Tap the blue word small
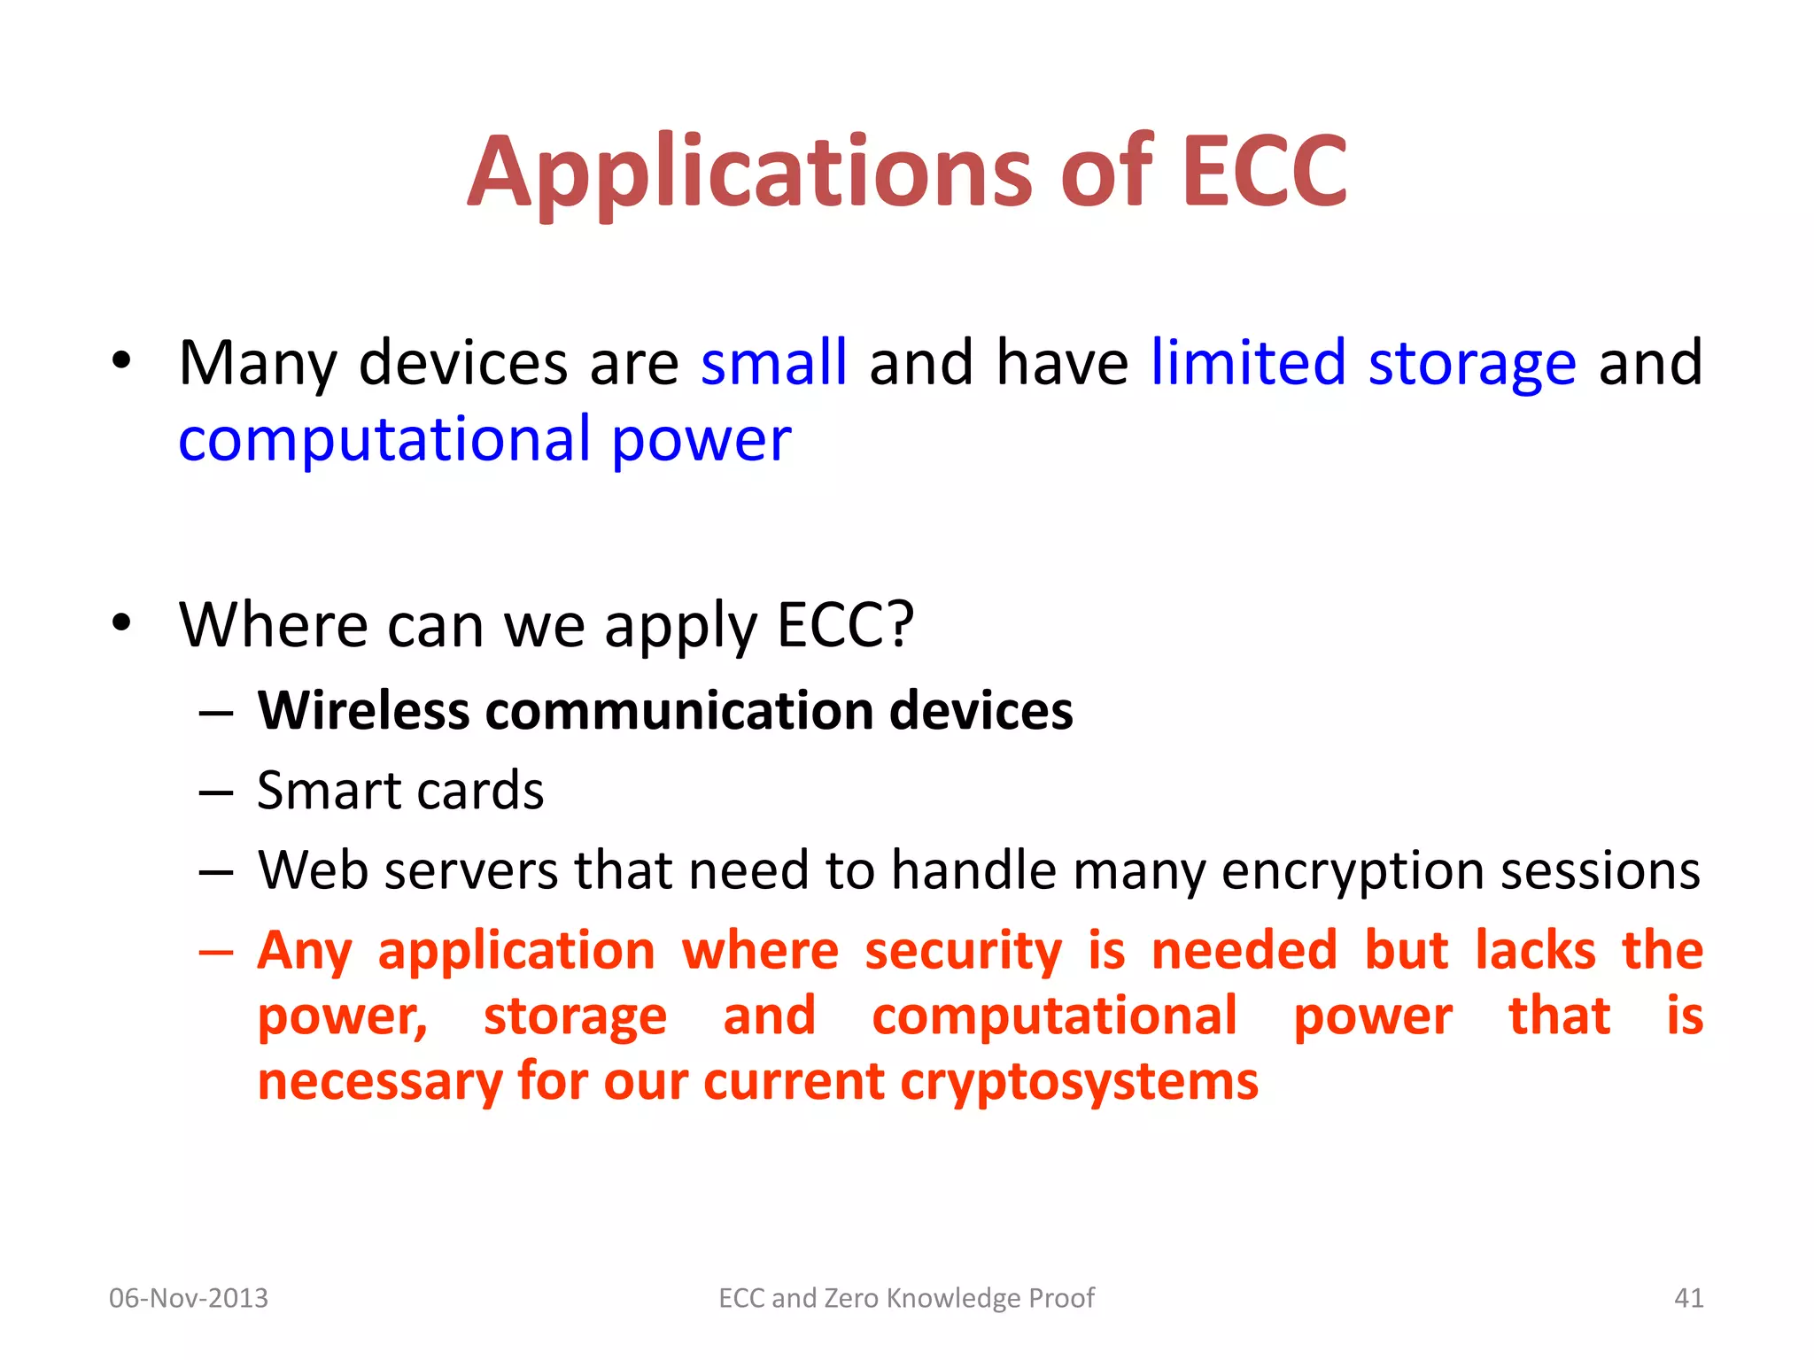773,363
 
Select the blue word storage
1471,363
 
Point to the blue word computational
384,439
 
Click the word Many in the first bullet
258,363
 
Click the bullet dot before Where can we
121,622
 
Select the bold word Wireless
363,711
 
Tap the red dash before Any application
216,953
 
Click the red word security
963,951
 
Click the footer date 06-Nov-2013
189,1298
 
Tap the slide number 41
1688,1298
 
